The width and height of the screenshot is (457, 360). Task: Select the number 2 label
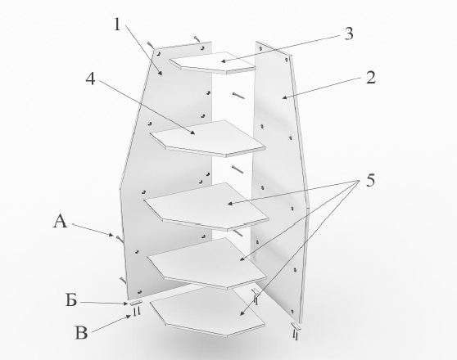[x=370, y=79]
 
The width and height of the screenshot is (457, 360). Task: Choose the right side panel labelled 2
[x=278, y=164]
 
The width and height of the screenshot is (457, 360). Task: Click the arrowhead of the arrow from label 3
[x=221, y=61]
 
